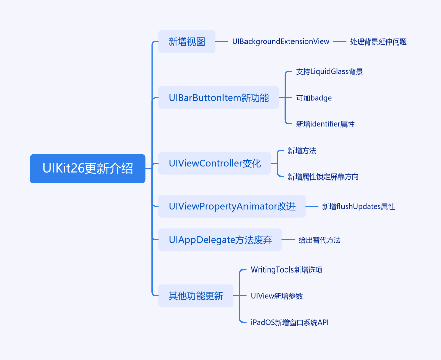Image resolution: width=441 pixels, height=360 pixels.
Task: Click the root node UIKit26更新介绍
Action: point(88,168)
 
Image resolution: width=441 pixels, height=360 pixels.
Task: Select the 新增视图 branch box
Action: point(187,41)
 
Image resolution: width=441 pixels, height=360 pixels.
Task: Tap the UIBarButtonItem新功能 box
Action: point(219,98)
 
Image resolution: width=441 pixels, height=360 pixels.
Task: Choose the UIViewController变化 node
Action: point(215,163)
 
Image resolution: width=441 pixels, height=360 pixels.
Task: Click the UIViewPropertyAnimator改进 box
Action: point(232,206)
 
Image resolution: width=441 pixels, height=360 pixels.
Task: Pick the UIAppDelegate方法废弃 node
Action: point(220,240)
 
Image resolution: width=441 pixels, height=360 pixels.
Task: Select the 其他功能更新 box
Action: point(196,296)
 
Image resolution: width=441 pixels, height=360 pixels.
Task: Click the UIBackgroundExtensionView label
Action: point(281,41)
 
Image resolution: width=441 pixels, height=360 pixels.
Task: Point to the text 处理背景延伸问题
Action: point(378,42)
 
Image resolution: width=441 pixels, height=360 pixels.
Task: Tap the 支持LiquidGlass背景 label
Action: point(329,71)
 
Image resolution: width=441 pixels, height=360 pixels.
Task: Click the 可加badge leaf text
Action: point(314,98)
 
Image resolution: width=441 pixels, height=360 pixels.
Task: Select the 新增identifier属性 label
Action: point(325,124)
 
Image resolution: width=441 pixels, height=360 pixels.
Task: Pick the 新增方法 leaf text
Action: point(302,151)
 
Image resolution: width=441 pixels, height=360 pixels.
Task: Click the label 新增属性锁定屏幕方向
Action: point(323,177)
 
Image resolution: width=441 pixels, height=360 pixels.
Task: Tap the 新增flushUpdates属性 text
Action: point(358,207)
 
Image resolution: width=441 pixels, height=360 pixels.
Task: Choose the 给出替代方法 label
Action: point(319,240)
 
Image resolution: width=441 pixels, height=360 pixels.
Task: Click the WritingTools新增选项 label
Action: point(286,269)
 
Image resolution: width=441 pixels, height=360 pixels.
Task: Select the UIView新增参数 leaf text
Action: point(276,296)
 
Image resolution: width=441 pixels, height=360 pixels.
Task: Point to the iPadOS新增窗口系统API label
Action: point(289,322)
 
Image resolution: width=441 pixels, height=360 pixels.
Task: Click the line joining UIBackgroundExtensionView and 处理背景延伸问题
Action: point(339,41)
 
